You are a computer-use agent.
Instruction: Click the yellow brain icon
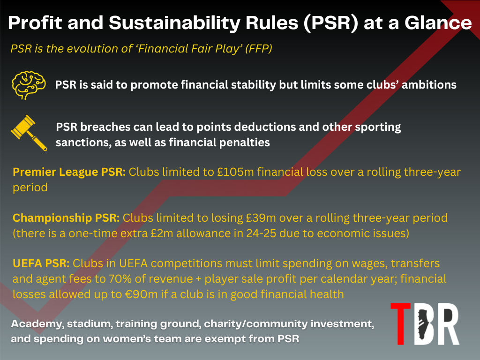29,85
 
